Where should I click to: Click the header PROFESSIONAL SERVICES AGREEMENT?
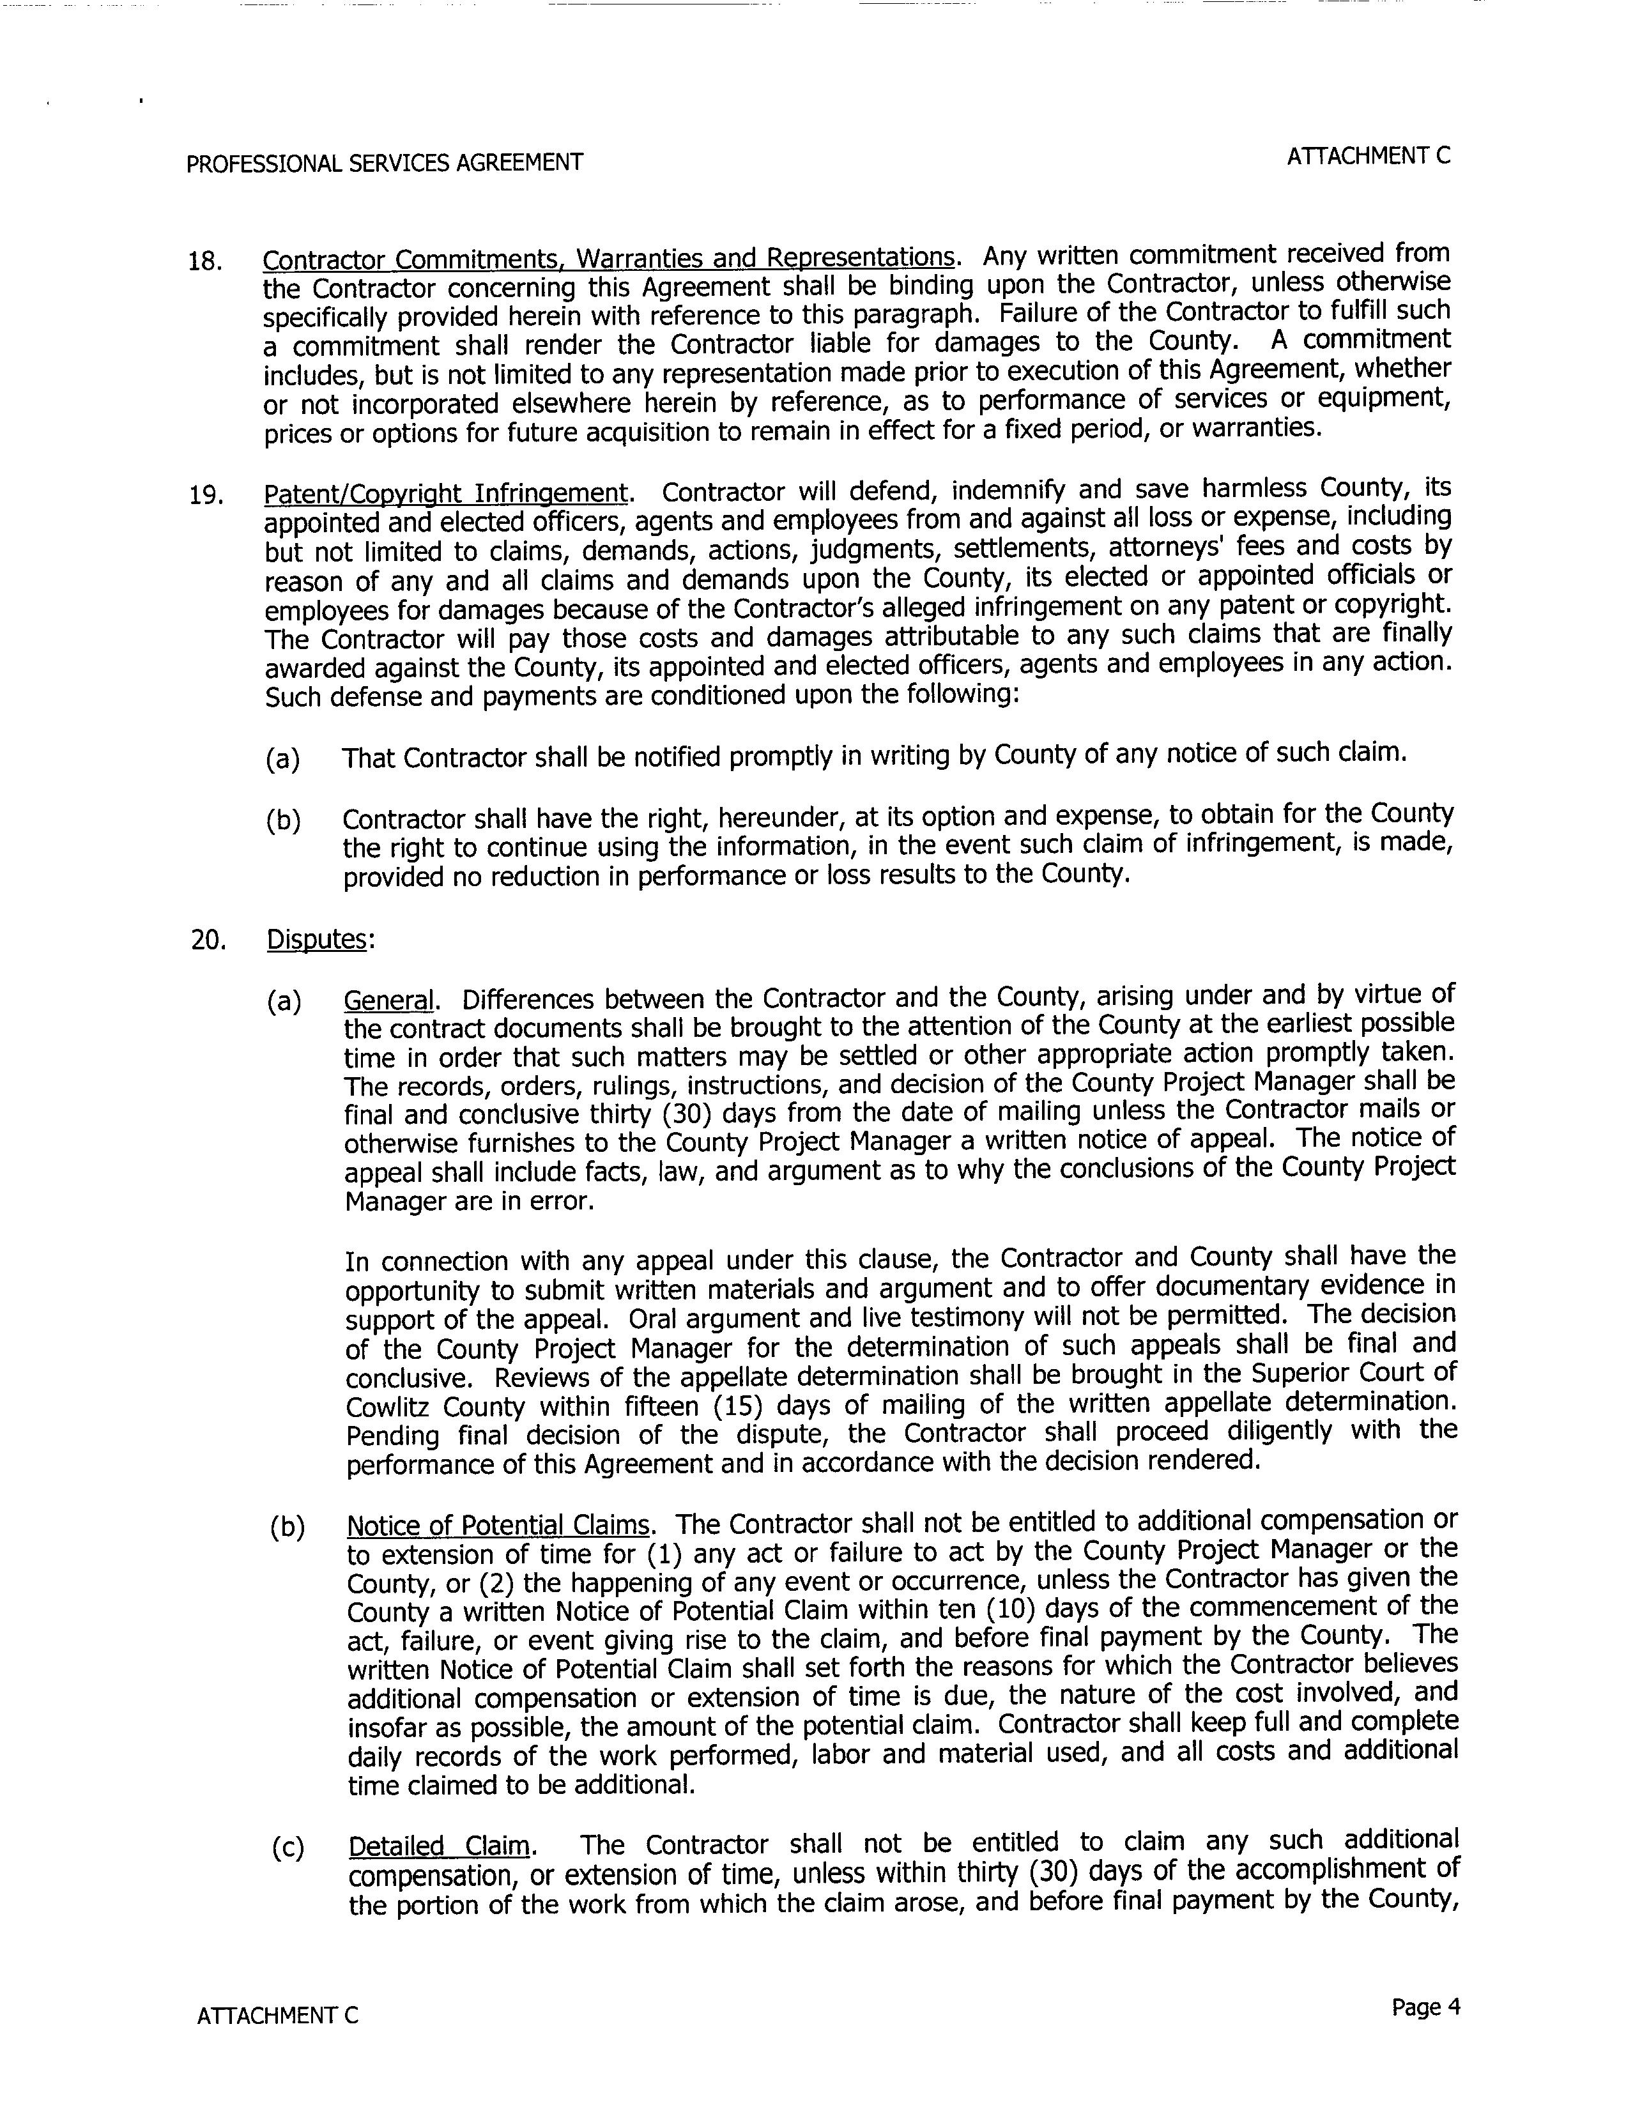point(384,163)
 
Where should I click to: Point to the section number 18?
point(204,261)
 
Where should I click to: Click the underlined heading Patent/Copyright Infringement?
point(446,494)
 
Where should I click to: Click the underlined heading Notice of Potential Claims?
point(498,1525)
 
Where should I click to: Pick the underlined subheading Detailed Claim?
point(439,1846)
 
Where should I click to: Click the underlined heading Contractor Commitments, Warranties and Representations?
point(608,259)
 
